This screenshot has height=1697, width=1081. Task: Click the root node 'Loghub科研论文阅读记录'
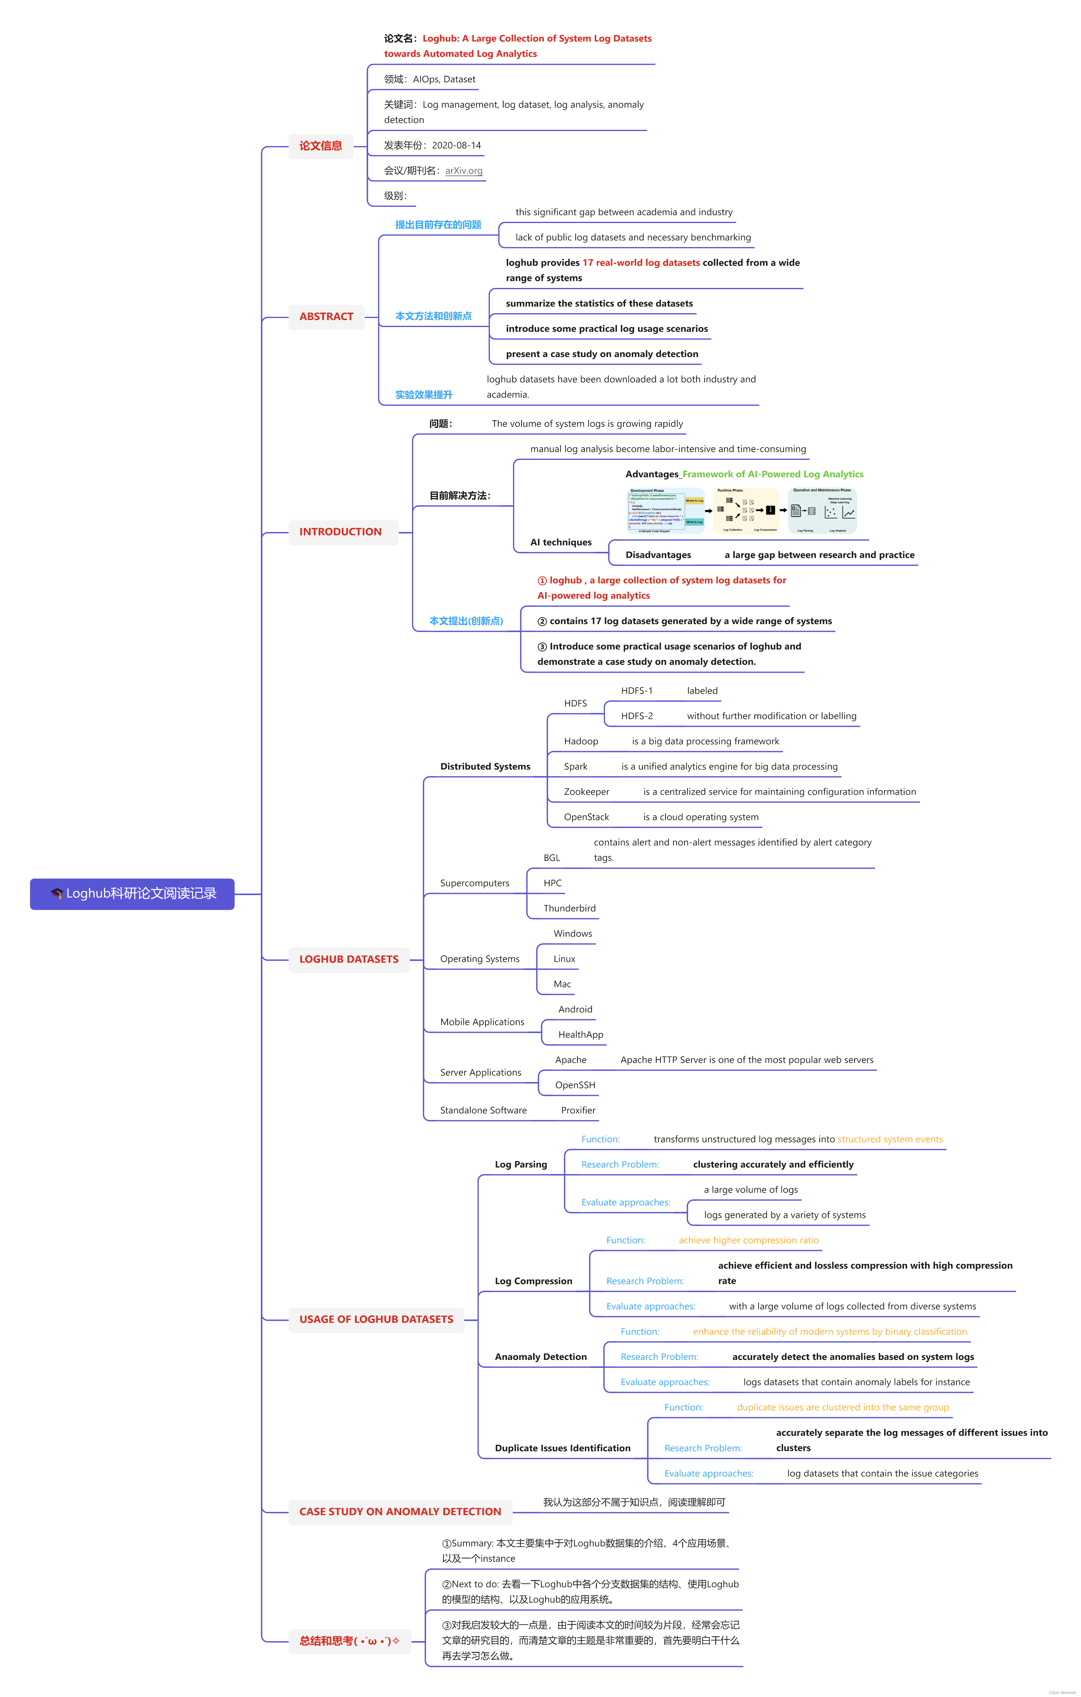pyautogui.click(x=133, y=894)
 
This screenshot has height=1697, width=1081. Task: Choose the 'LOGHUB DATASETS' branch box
pyautogui.click(x=349, y=959)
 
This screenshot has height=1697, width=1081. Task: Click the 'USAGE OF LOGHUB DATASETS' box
pyautogui.click(x=376, y=1319)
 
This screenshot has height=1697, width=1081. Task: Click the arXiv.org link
pyautogui.click(x=464, y=170)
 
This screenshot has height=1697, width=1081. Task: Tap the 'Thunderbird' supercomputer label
pyautogui.click(x=570, y=908)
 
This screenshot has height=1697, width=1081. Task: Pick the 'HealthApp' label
pyautogui.click(x=581, y=1035)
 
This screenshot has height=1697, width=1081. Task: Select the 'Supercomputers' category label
pyautogui.click(x=474, y=883)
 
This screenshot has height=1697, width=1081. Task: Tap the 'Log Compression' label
pyautogui.click(x=533, y=1281)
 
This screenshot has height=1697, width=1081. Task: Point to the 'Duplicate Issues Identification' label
pyautogui.click(x=562, y=1448)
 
